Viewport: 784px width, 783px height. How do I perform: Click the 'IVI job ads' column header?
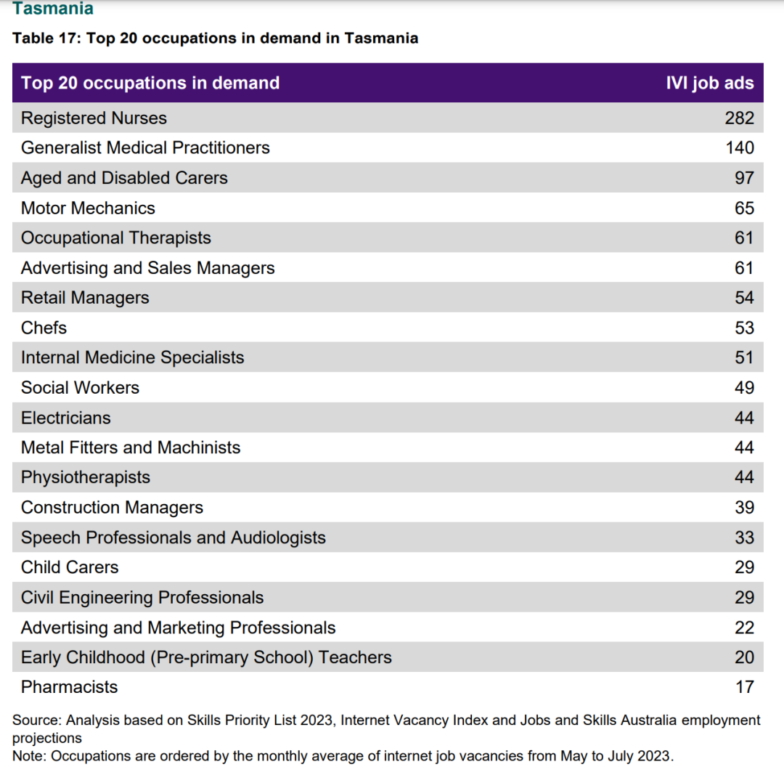709,83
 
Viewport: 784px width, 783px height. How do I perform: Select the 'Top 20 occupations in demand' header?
150,83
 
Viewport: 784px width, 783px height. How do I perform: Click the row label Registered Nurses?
94,118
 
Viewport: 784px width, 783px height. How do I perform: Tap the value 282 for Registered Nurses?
740,118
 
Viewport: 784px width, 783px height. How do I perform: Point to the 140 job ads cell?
740,148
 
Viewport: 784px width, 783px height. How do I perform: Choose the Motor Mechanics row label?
88,208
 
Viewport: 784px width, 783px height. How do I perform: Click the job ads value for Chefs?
745,328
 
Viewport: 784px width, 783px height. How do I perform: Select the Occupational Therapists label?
116,238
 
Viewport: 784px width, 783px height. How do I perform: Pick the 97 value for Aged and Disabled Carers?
745,178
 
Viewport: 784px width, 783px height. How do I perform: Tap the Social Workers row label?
80,388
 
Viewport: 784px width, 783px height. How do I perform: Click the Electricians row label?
65,418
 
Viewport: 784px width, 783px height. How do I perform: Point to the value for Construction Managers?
745,507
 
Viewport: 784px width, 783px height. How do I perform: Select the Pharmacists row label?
70,687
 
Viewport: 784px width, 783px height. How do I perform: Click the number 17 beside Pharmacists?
745,687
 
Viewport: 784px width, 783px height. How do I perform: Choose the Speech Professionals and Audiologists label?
173,537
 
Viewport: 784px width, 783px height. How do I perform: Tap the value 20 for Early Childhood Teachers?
745,657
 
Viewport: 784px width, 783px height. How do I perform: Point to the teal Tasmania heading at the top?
53,8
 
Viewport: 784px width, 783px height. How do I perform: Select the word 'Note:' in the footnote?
30,756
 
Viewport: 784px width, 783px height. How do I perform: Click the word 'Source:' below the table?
37,721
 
